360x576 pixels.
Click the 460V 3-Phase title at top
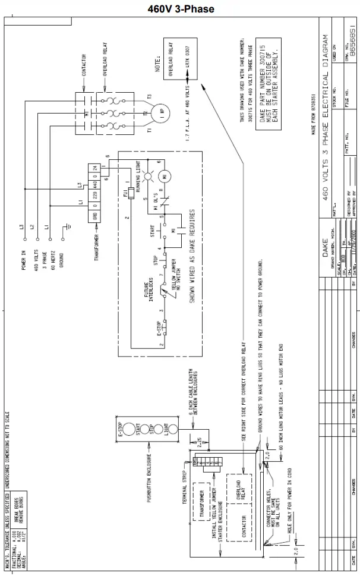[x=180, y=9]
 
